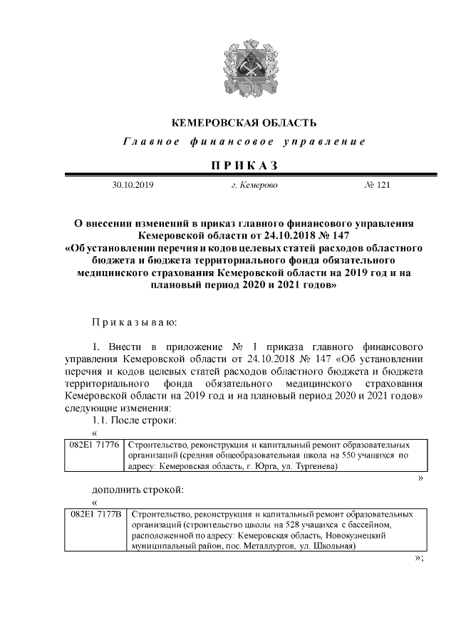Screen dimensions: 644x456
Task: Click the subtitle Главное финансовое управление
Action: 244,142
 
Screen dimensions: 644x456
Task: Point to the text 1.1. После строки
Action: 134,420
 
